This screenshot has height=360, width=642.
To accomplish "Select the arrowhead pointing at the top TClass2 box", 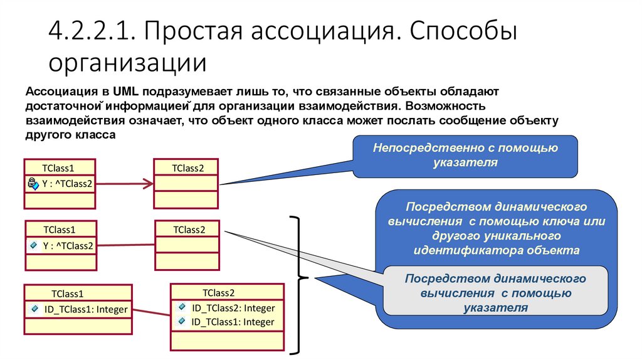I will point(148,184).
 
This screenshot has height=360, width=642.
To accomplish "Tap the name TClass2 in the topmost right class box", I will point(187,167).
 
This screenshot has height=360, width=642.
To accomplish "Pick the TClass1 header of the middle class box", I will point(59,230).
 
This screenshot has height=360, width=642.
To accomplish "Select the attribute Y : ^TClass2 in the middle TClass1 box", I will point(67,245).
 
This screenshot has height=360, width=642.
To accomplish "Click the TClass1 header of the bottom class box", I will point(68,293).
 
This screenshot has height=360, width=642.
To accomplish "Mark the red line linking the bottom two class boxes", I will point(151,311).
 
